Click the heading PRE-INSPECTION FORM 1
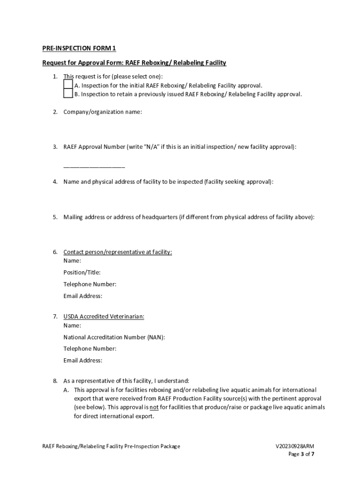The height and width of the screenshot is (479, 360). click(x=79, y=48)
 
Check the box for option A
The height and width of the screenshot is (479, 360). click(x=68, y=85)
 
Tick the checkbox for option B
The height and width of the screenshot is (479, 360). click(x=68, y=94)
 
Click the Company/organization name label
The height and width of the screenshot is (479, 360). click(x=103, y=112)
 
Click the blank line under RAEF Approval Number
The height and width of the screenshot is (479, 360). click(x=94, y=167)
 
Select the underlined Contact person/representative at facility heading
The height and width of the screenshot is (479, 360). click(x=117, y=252)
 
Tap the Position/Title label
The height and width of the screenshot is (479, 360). click(x=82, y=272)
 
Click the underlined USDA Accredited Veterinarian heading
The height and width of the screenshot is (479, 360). click(x=104, y=317)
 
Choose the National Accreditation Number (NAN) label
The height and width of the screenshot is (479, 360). click(x=114, y=337)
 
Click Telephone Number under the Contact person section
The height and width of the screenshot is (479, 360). click(x=90, y=284)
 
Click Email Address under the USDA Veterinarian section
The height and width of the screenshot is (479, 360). click(x=83, y=360)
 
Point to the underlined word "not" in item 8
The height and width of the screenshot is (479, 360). click(x=154, y=407)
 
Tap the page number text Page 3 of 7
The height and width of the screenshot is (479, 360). click(x=301, y=454)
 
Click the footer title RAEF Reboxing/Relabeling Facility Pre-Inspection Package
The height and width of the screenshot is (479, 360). click(x=111, y=446)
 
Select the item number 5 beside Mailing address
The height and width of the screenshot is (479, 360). click(x=55, y=217)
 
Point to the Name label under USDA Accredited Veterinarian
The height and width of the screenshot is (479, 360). click(x=72, y=325)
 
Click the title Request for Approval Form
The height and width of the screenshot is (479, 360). click(x=82, y=63)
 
